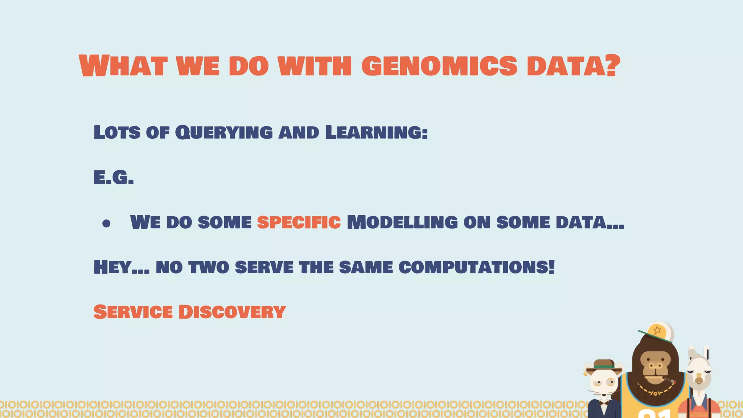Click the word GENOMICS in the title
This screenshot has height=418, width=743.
(439, 66)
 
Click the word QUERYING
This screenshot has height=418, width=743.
(224, 132)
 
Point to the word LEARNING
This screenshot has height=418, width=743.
(376, 132)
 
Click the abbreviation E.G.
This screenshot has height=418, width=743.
(114, 178)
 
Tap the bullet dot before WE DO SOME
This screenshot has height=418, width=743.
(106, 224)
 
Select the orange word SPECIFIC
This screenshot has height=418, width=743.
(299, 222)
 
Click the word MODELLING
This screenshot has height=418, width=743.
(402, 222)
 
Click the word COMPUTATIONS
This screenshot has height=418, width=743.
(476, 268)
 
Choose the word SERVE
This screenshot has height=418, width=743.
(264, 268)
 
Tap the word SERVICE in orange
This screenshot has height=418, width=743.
(133, 312)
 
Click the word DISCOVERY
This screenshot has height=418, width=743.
(232, 312)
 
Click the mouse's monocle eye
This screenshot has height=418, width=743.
(611, 381)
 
